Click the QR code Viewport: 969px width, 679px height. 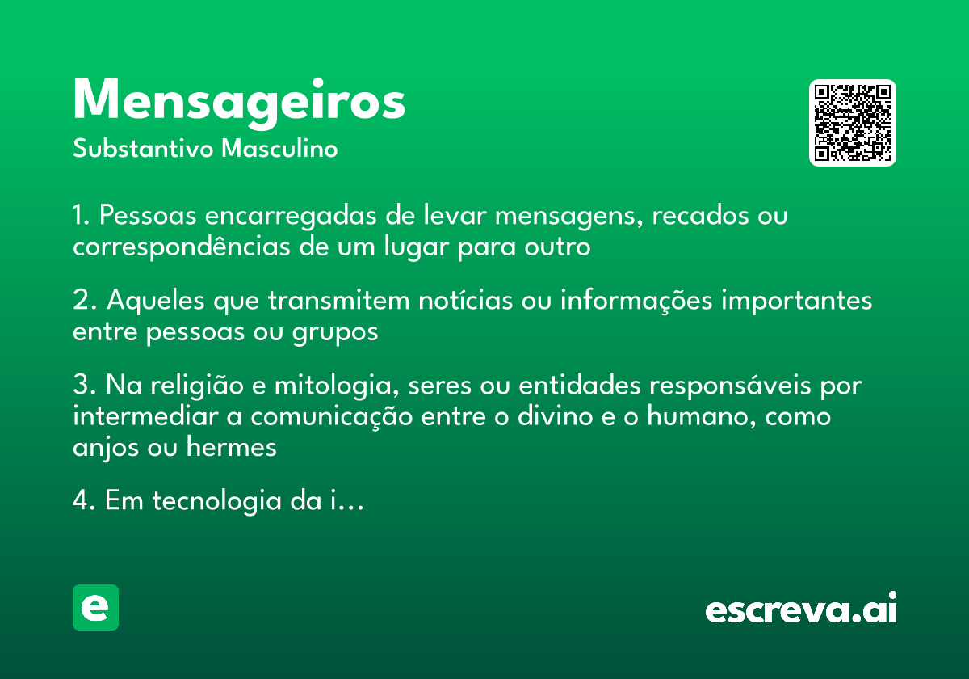click(853, 123)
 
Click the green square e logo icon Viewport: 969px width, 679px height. click(95, 607)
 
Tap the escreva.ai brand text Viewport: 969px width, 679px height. click(801, 609)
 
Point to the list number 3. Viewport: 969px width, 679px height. click(80, 386)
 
